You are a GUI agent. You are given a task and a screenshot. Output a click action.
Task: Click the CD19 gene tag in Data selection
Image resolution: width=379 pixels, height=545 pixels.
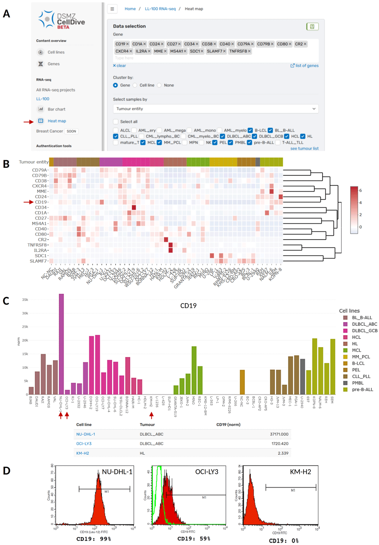coord(120,44)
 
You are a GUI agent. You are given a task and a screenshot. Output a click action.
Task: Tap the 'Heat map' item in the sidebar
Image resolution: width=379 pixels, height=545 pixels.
coord(56,121)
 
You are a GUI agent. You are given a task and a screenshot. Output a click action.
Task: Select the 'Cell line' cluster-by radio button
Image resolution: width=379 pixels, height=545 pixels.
coord(135,85)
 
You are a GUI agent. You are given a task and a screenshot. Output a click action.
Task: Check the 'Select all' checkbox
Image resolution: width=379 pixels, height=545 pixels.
coord(116,122)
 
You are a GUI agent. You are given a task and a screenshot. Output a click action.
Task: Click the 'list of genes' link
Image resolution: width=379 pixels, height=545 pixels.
coord(307,66)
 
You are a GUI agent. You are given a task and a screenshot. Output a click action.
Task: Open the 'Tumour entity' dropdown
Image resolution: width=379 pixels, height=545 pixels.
coord(216,109)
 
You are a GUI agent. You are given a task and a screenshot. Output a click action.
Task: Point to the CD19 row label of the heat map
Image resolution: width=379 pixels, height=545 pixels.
coord(41,202)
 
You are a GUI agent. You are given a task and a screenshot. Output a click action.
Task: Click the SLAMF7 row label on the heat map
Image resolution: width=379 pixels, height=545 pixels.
coord(39,261)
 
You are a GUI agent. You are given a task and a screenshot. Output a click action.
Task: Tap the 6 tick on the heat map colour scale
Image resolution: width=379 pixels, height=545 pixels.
coord(360,191)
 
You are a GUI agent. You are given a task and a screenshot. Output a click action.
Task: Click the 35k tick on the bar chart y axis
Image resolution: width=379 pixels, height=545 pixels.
coord(25,300)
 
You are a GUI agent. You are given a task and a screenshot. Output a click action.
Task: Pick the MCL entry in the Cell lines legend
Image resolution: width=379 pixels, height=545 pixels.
coord(356,350)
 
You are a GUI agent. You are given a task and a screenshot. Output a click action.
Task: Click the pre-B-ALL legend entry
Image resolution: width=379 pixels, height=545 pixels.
coord(362,389)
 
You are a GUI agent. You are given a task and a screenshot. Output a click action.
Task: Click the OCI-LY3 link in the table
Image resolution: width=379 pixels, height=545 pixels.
coord(84,444)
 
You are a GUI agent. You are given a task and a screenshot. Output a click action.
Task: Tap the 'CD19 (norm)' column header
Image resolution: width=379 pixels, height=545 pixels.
coord(228,425)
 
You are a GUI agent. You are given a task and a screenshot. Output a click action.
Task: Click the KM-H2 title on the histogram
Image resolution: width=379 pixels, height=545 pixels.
coord(300,472)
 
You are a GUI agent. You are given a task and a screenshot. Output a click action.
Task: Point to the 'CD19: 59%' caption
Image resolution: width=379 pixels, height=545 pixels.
coord(194,539)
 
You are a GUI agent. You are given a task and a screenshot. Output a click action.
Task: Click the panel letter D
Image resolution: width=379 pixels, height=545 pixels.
coord(6,471)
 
